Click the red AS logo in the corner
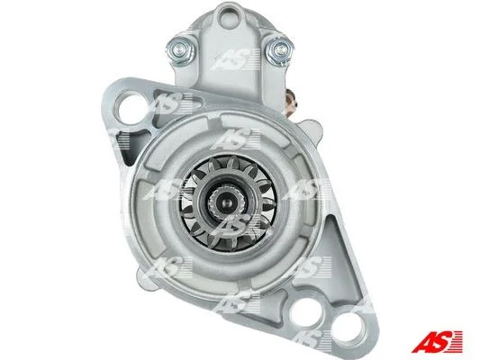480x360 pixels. [437, 341]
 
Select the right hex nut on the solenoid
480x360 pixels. [280, 49]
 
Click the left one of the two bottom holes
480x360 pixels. [306, 311]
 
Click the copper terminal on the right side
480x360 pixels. [291, 103]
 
